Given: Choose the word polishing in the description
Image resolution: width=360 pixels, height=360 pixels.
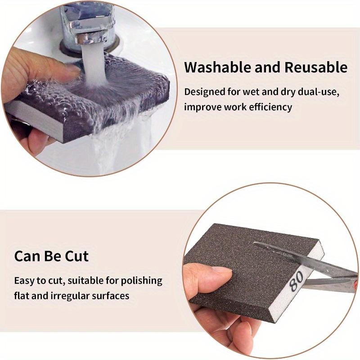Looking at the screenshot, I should click(x=139, y=280).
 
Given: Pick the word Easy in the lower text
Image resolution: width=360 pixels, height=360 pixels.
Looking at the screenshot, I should click(x=26, y=280).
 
